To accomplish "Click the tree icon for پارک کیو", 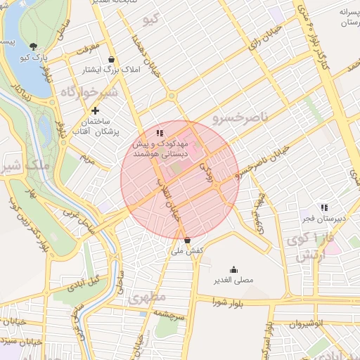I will pos(33,47).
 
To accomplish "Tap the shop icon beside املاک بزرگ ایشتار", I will pos(112,60).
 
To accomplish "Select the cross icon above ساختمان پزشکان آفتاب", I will pos(96,110).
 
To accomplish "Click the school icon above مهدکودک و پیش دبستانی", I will pos(160,132).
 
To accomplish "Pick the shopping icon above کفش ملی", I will pos(186,239).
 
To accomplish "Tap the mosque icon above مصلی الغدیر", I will pos(233,269).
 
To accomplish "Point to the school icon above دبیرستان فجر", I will pos(323,207).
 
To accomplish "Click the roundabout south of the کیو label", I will pos(171,96).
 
